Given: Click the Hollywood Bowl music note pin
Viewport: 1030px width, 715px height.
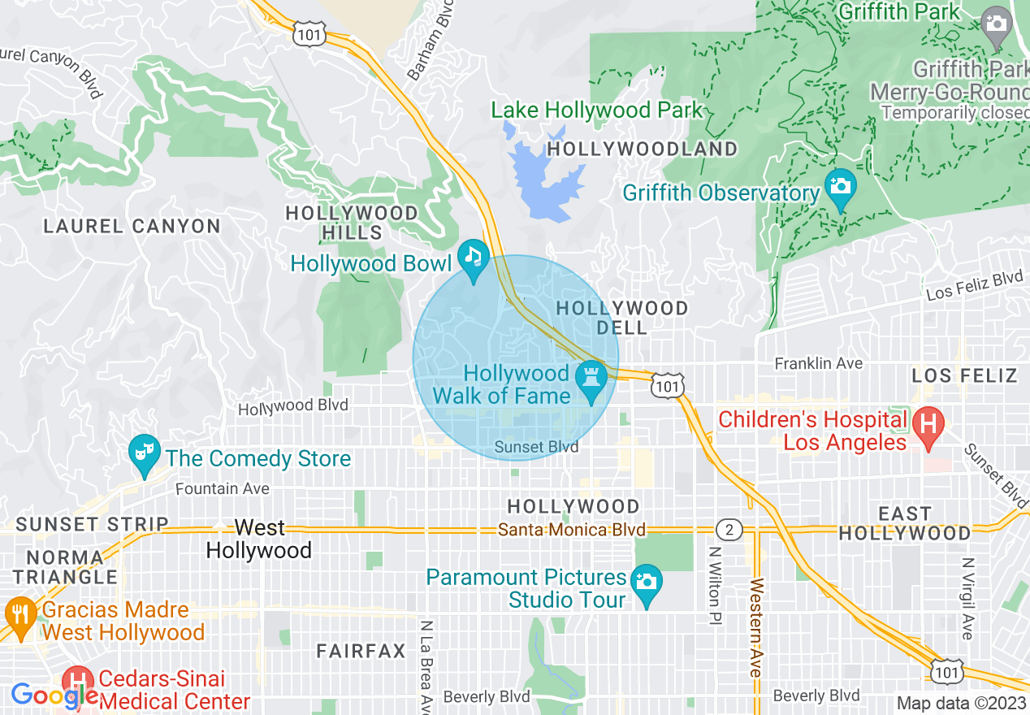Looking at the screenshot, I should click(473, 258).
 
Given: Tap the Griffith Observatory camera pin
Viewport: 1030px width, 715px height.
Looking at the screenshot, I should click(840, 186).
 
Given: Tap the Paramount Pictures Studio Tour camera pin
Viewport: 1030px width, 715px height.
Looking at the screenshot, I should click(647, 583).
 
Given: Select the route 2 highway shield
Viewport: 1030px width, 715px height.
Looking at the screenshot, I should click(729, 531).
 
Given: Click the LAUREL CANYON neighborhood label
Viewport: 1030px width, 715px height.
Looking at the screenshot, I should click(132, 227).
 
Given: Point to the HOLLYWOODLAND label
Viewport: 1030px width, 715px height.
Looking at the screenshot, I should click(642, 149).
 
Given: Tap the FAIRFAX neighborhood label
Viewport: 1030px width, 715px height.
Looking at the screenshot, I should click(361, 651).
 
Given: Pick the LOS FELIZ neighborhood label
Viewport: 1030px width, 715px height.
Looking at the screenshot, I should click(964, 375).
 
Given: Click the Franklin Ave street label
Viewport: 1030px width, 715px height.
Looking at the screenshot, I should click(818, 363).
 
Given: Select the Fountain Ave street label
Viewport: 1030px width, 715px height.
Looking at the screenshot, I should click(223, 488).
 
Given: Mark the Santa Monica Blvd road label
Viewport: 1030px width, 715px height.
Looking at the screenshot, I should click(572, 530).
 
